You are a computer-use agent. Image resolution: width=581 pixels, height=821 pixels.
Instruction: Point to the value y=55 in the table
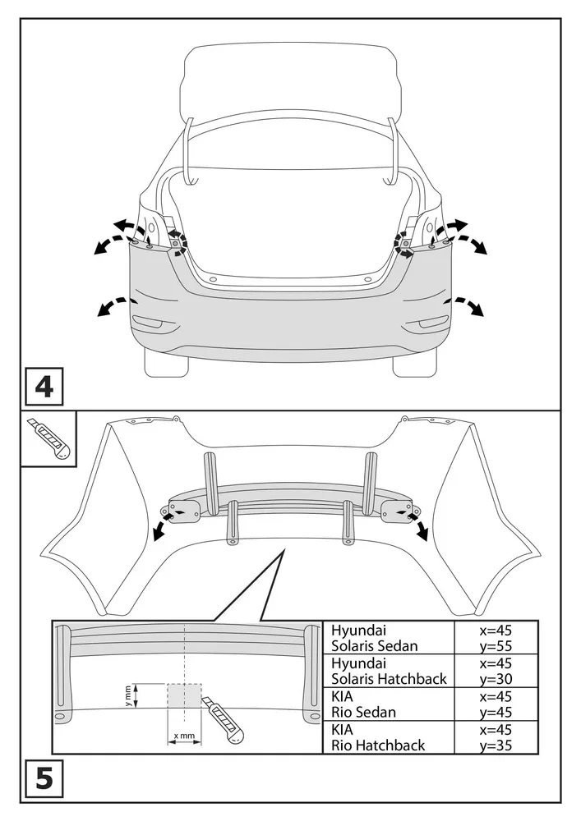(x=496, y=646)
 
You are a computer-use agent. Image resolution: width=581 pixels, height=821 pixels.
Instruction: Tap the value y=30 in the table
(x=496, y=679)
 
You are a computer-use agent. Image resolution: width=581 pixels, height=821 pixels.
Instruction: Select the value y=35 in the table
(x=496, y=745)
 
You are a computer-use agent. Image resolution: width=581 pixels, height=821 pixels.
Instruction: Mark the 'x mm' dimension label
(x=184, y=736)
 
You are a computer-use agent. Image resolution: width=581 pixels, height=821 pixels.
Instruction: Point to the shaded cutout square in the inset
(x=184, y=697)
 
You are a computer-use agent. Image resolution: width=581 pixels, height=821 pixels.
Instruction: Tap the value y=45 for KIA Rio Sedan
(x=496, y=712)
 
